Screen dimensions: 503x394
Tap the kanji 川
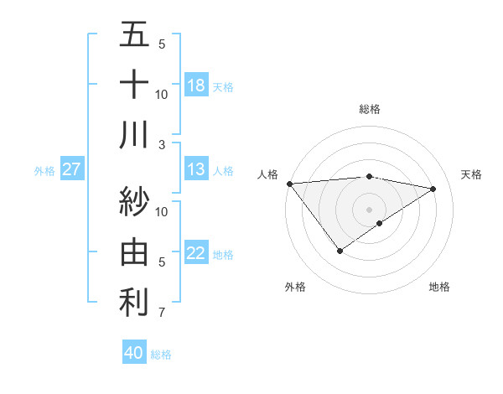(x=134, y=134)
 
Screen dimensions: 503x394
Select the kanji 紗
(x=134, y=201)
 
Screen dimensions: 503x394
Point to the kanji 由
(x=134, y=251)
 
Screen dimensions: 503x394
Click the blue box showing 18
(x=196, y=86)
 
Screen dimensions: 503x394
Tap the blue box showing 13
(x=196, y=170)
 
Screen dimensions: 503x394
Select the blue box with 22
(x=196, y=253)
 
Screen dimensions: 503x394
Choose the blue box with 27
(x=72, y=170)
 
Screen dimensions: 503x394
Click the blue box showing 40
(x=134, y=354)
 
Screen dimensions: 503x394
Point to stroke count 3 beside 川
(x=162, y=145)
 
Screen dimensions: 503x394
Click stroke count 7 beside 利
(x=162, y=314)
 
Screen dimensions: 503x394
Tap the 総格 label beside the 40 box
(x=161, y=355)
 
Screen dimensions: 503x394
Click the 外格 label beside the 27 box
(x=44, y=171)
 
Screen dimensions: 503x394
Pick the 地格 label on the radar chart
(x=439, y=287)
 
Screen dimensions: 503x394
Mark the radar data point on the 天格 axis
(x=433, y=189)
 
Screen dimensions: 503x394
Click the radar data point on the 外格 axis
(x=340, y=251)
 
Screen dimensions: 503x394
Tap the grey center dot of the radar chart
(x=369, y=208)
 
